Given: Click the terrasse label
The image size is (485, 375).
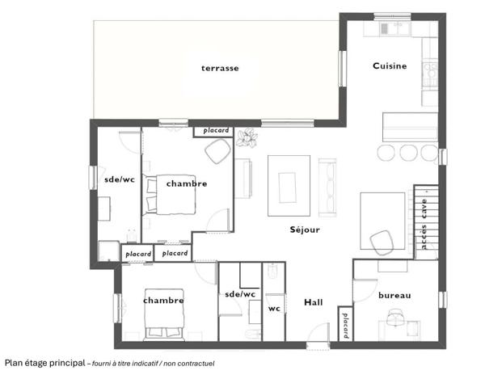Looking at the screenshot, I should coord(220,69).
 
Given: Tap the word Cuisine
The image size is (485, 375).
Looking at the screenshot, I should coord(389,65).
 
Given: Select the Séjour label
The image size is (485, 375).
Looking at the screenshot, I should coord(305,230).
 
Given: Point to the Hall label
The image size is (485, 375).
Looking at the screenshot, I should coord(313,302).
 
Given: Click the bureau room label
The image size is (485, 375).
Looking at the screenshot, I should coord(394,296).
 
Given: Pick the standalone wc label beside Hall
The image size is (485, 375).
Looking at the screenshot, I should coord(274,308).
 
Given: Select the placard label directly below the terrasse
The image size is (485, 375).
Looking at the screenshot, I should coord(216,131).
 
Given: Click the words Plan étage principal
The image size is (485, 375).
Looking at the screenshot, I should coord(44,364).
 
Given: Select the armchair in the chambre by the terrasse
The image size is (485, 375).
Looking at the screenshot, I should coord(217,151).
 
